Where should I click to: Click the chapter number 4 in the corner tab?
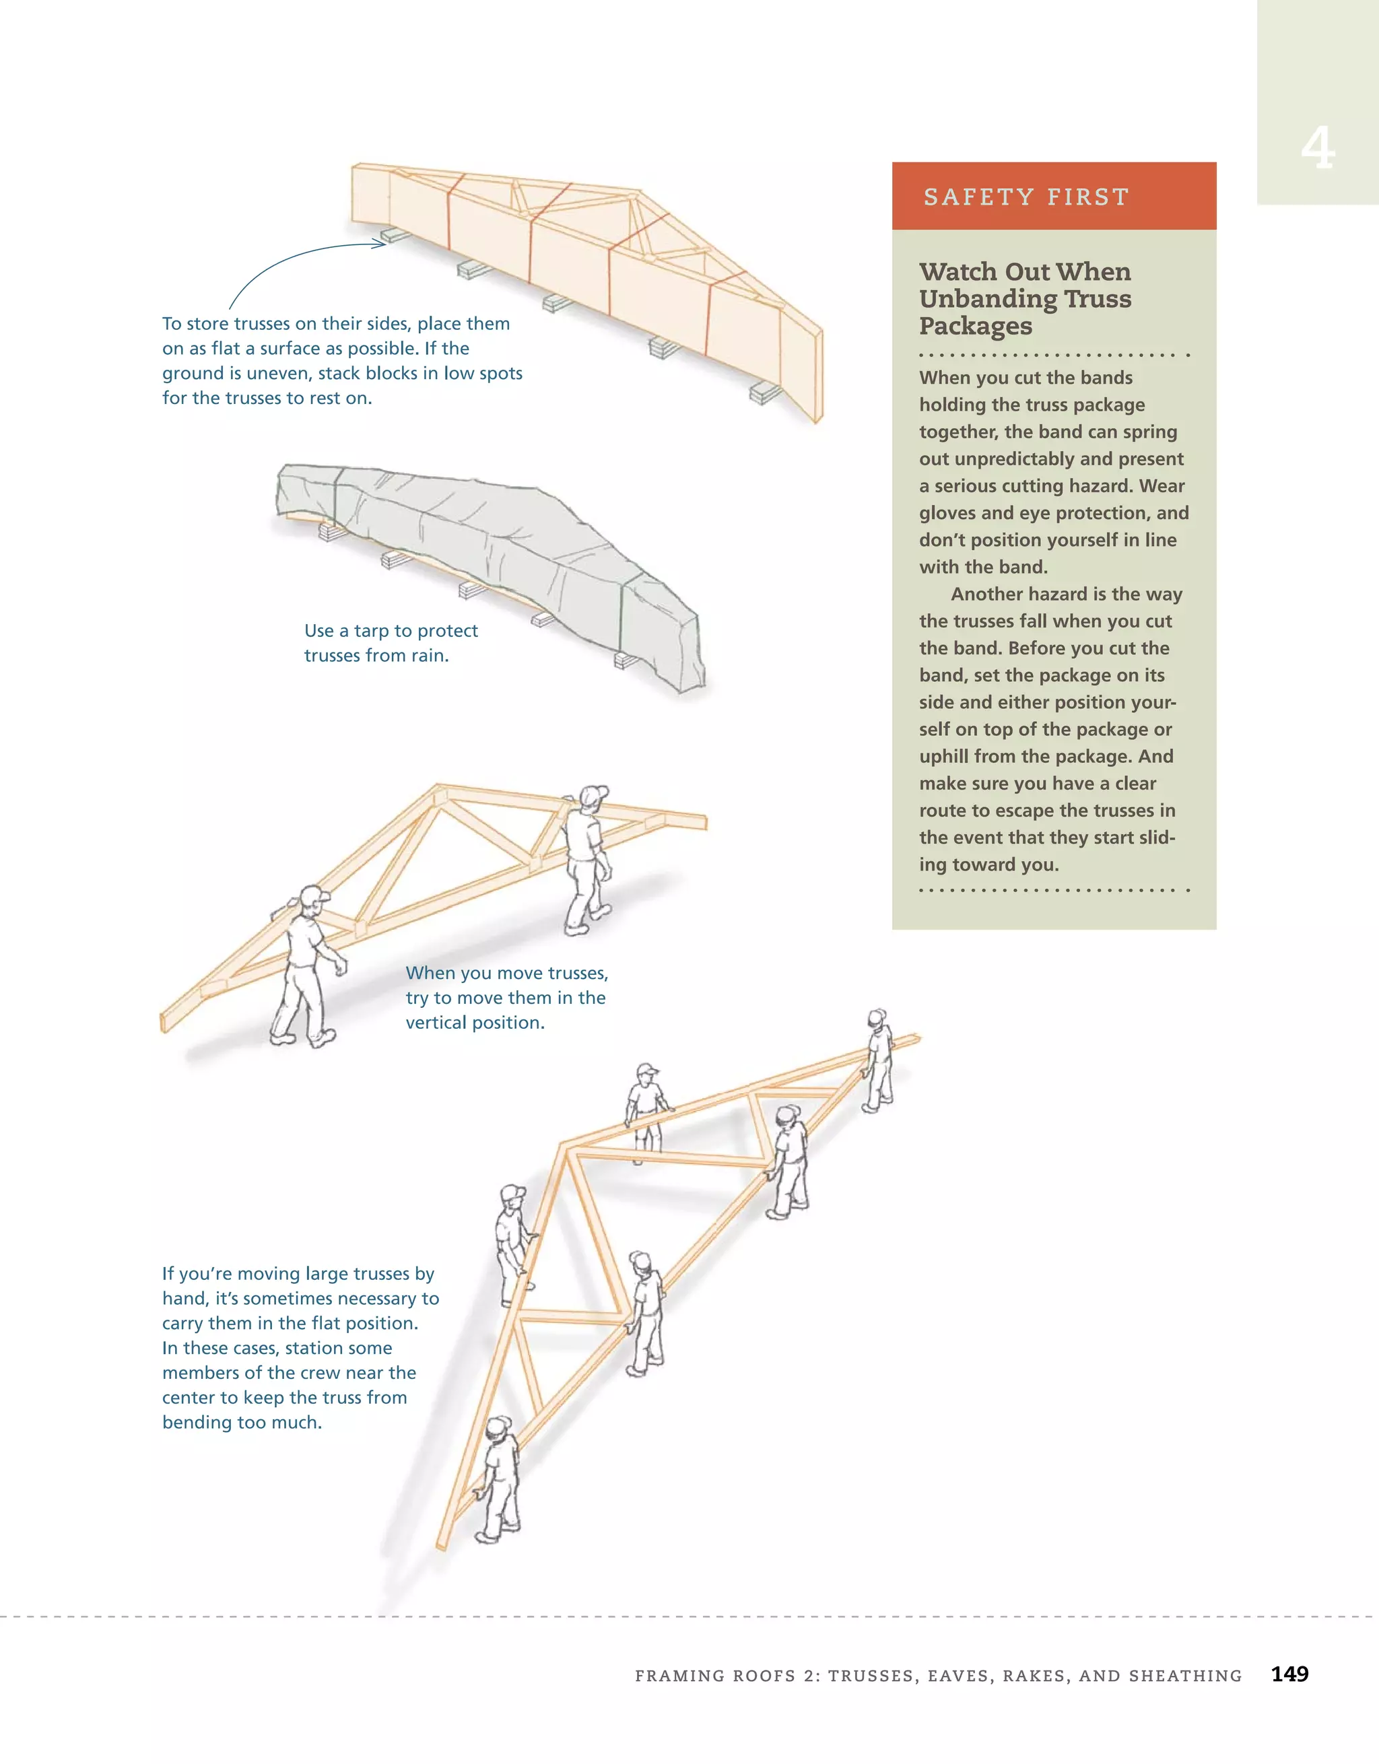tap(1317, 149)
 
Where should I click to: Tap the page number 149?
tap(1289, 1674)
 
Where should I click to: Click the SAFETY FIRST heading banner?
tap(1053, 197)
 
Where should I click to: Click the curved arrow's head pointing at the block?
tap(380, 243)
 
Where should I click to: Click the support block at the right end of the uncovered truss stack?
tap(764, 394)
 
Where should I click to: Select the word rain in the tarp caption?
tap(428, 656)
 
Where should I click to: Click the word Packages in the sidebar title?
tap(975, 327)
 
